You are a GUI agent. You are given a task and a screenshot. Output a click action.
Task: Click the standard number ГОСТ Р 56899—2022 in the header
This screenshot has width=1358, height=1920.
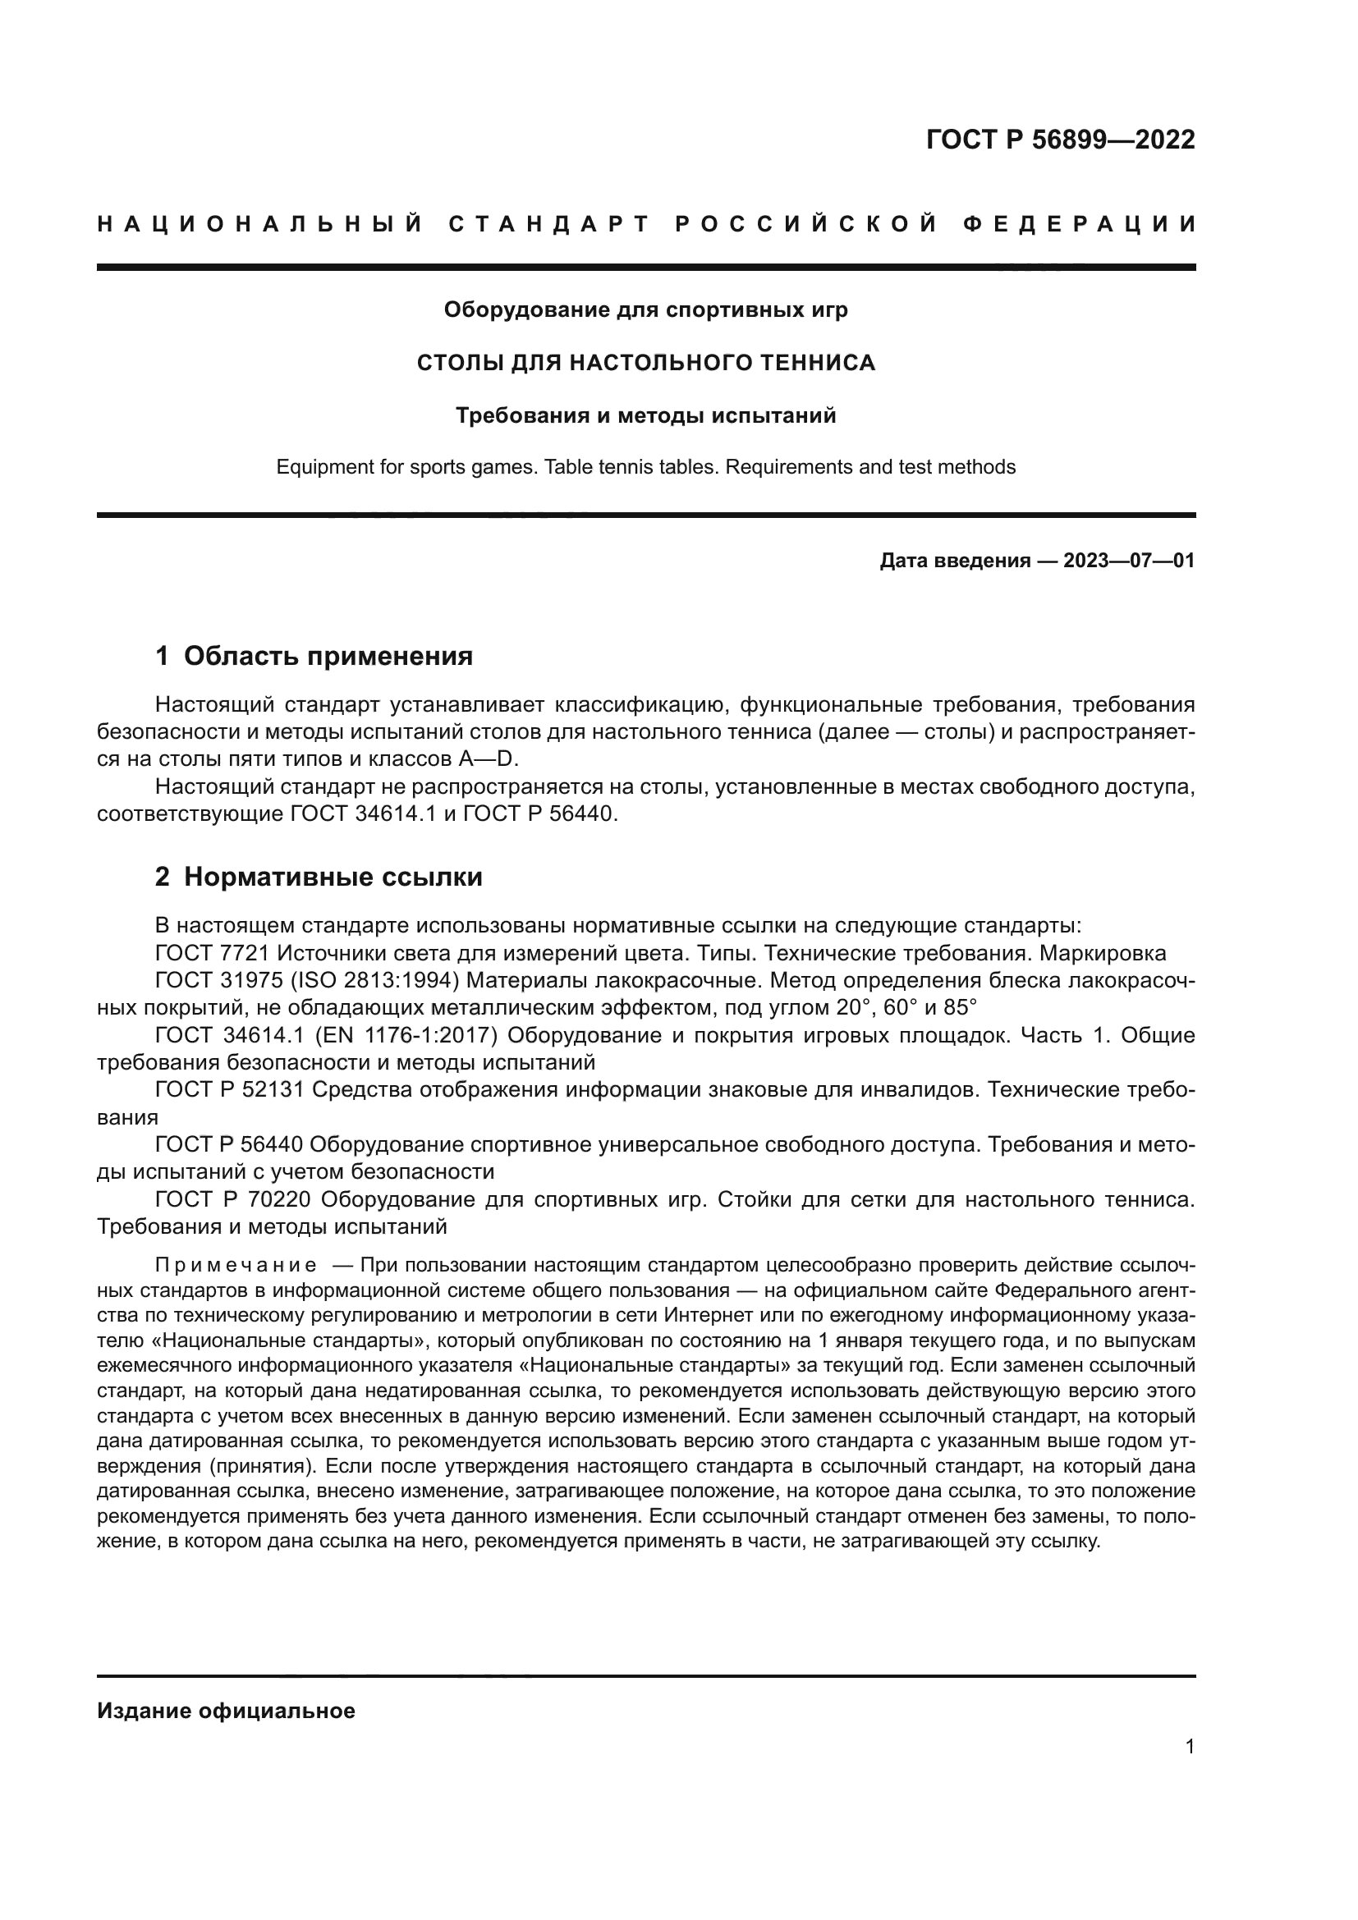pyautogui.click(x=1060, y=140)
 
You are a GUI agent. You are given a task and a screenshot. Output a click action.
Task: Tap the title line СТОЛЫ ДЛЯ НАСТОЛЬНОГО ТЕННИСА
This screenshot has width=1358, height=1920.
pyautogui.click(x=645, y=363)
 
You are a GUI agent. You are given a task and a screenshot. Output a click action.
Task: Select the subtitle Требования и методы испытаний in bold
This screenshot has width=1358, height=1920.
pyautogui.click(x=645, y=415)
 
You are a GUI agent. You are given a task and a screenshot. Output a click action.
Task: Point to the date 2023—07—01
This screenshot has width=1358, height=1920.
pyautogui.click(x=1129, y=561)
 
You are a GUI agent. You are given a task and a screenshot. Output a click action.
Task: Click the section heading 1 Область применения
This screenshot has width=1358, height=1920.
pyautogui.click(x=314, y=657)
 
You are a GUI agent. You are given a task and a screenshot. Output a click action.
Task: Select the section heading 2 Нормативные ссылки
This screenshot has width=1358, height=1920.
pyautogui.click(x=319, y=878)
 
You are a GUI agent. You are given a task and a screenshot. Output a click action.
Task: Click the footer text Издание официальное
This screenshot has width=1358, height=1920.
pyautogui.click(x=226, y=1711)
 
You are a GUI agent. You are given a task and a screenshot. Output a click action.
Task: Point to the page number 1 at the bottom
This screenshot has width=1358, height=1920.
pyautogui.click(x=1190, y=1747)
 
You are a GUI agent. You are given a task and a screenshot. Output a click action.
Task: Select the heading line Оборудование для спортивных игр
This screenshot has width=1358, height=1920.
pyautogui.click(x=645, y=310)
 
